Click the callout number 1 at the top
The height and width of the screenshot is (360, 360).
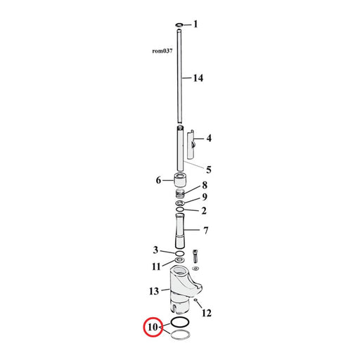click(x=195, y=24)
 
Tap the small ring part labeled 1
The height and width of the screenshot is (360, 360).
click(x=179, y=25)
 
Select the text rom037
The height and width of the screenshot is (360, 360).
click(x=162, y=51)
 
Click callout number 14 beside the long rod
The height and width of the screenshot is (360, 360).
click(x=198, y=78)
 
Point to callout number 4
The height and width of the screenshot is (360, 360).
click(x=209, y=138)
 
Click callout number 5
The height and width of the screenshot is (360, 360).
click(x=209, y=169)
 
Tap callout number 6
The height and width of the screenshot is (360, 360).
click(x=159, y=180)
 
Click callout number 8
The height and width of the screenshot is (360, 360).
click(x=205, y=185)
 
